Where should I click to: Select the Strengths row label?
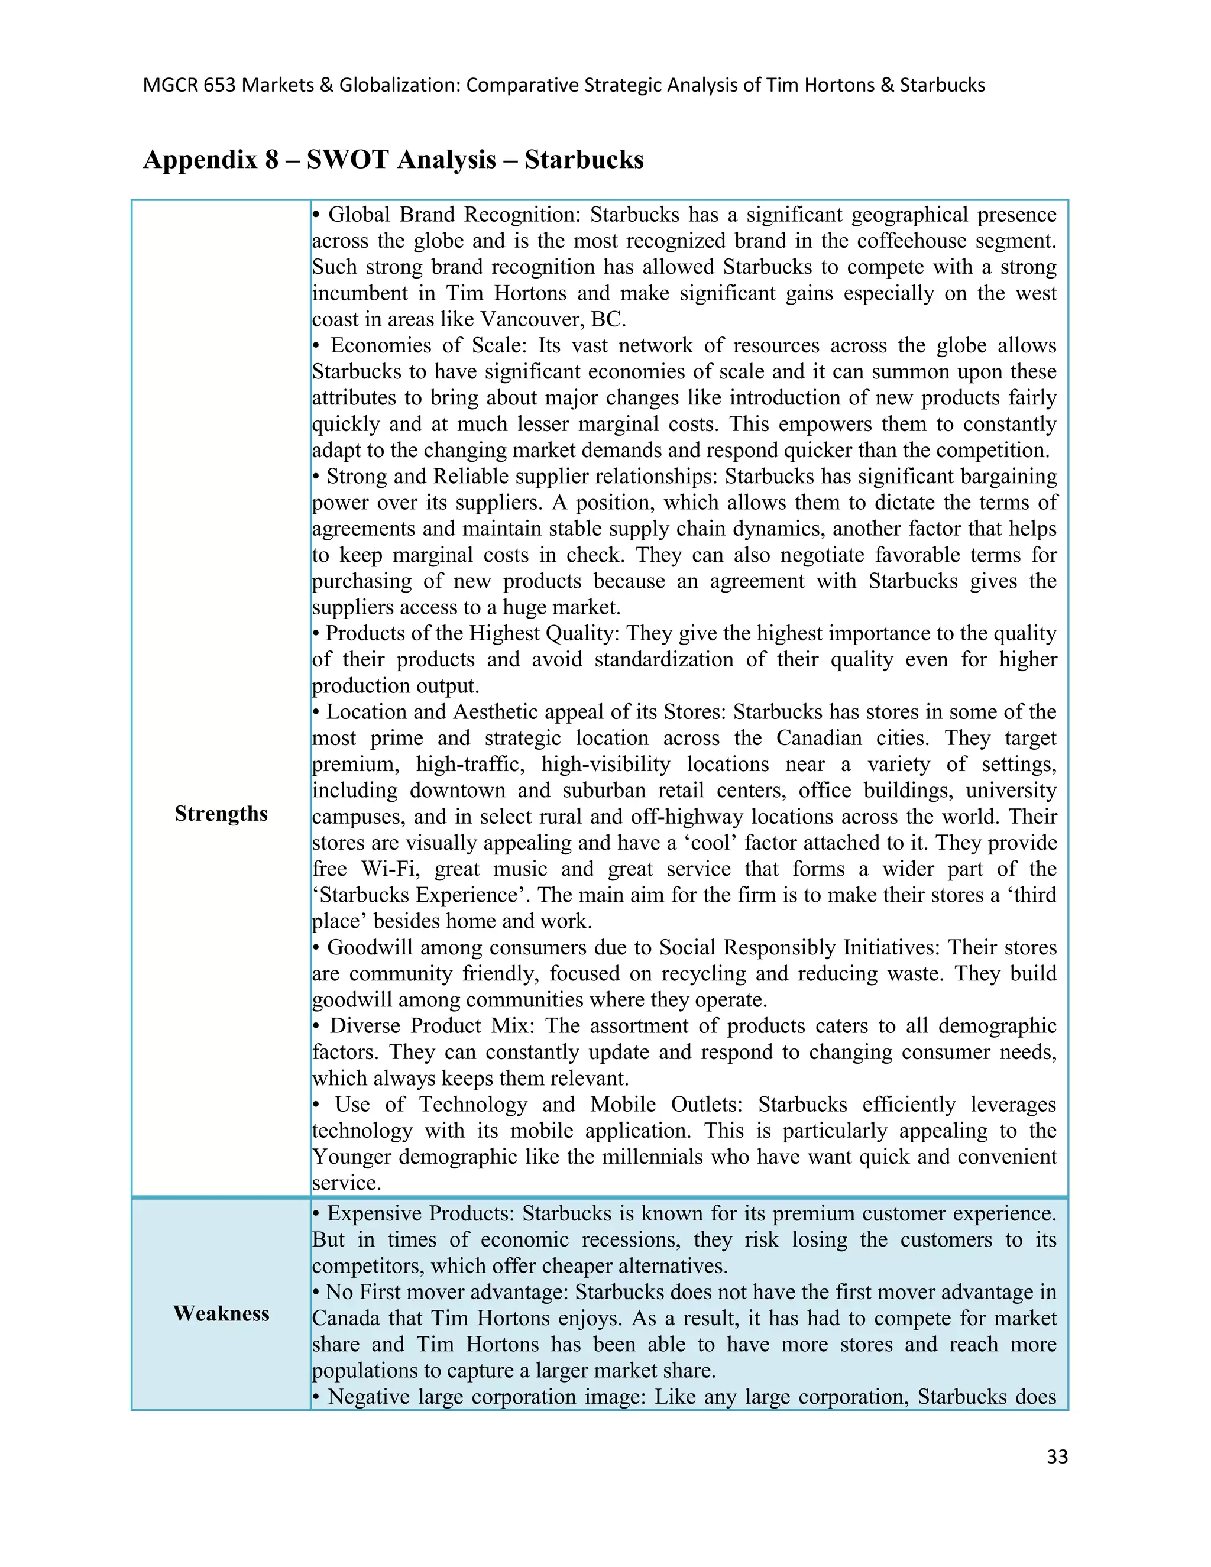tap(221, 814)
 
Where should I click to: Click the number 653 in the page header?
tap(219, 85)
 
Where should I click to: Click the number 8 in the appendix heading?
tap(271, 159)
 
